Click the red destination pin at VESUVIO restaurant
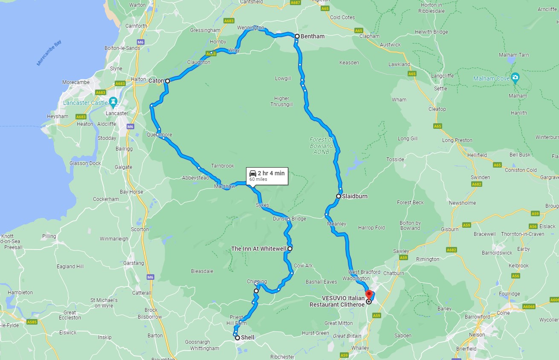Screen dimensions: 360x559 click(x=369, y=294)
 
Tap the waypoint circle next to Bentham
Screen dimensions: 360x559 click(x=297, y=36)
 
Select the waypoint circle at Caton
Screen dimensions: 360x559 click(x=168, y=81)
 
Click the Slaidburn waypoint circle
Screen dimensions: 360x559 click(x=338, y=196)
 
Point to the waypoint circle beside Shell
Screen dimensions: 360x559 click(x=237, y=337)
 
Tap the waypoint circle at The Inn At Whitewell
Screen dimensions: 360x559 click(x=290, y=248)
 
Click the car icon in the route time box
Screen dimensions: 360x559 click(x=253, y=173)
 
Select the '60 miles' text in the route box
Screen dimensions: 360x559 click(x=258, y=180)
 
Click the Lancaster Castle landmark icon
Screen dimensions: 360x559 click(x=113, y=101)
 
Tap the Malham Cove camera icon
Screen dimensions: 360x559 click(x=515, y=77)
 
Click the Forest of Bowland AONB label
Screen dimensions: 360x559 click(x=321, y=145)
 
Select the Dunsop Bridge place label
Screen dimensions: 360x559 click(x=290, y=219)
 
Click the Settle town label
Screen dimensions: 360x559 click(x=440, y=88)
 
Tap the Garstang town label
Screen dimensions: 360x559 click(x=133, y=263)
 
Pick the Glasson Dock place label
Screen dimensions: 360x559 click(x=85, y=163)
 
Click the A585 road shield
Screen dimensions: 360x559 click(x=32, y=322)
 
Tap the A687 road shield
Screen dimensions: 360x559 click(x=295, y=3)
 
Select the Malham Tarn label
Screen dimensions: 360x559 click(x=514, y=55)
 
